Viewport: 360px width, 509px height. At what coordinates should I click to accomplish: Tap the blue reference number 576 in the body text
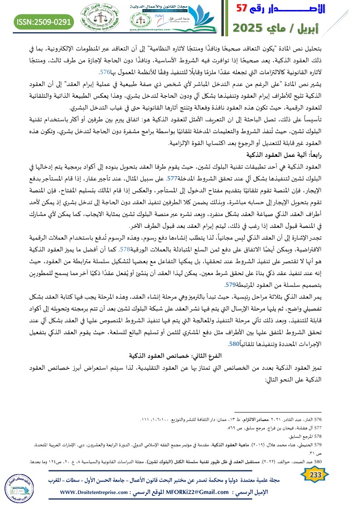click(105, 72)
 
